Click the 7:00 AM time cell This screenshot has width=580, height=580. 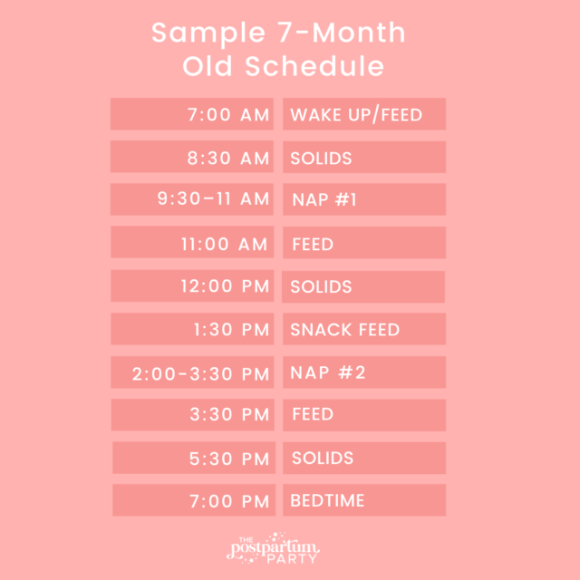(x=192, y=115)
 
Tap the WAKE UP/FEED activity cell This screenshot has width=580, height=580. (x=364, y=115)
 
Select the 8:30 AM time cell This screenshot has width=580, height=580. (x=192, y=158)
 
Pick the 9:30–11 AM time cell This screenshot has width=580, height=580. (x=192, y=200)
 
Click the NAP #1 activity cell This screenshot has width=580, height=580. (x=364, y=200)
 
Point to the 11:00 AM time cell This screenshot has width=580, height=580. (x=192, y=243)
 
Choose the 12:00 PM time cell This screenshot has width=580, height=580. (x=192, y=286)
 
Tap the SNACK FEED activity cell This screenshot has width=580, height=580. (x=364, y=329)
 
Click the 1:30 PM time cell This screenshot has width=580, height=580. (x=192, y=329)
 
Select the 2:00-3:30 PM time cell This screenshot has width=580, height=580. (x=192, y=372)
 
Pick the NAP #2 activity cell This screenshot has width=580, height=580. (x=364, y=372)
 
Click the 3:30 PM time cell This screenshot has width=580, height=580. (x=192, y=415)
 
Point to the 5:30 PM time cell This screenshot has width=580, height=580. (x=192, y=458)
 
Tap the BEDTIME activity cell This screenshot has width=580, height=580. (x=364, y=500)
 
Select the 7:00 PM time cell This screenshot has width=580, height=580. (x=192, y=500)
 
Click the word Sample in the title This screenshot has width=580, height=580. (x=197, y=34)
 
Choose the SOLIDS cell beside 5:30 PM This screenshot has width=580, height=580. (x=364, y=458)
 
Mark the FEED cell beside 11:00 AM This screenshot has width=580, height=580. (x=364, y=243)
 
